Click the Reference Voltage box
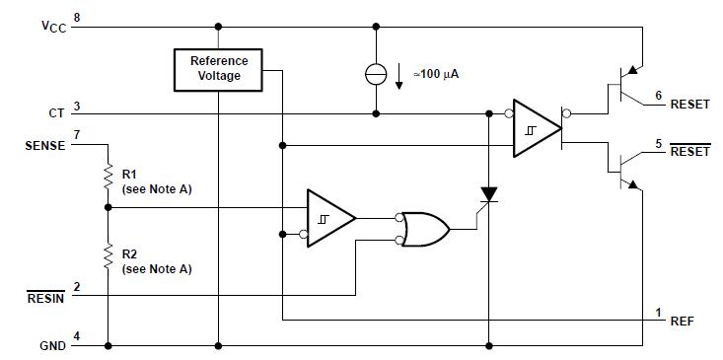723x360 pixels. coord(219,68)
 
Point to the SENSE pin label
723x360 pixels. coord(44,145)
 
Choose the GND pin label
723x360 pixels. coord(51,345)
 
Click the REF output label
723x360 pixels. coord(682,321)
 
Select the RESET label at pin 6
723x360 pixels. coord(689,104)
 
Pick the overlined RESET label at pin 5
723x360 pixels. coord(689,152)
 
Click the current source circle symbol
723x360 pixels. coord(376,72)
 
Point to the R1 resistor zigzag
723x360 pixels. coord(107,179)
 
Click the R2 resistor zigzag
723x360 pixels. coord(107,258)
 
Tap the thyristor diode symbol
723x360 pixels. coord(488,195)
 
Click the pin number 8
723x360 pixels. coord(77,19)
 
